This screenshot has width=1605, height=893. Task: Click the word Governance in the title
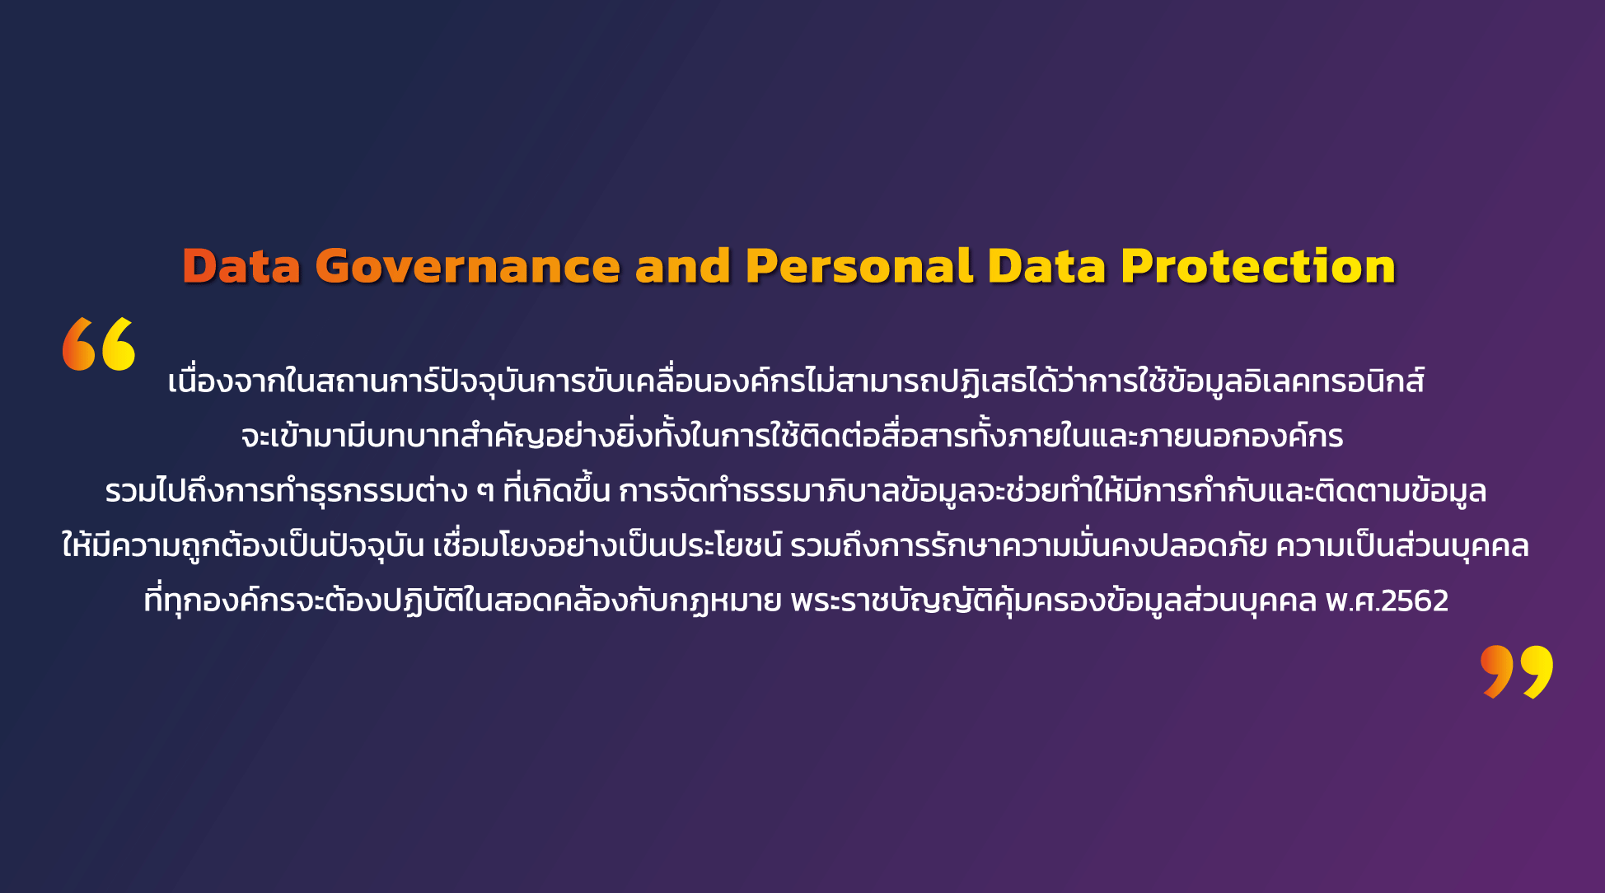coord(467,267)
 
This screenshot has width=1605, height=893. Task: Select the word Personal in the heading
coord(859,267)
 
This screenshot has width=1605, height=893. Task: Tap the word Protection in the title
coord(1258,267)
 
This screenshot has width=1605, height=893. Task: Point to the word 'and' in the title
coord(683,267)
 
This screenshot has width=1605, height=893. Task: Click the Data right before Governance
coord(241,267)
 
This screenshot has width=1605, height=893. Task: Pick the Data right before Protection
coord(1046,267)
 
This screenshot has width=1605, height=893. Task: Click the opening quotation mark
coord(99,344)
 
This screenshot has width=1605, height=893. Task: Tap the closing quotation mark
coord(1517,672)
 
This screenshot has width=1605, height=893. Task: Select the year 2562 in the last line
coord(1415,601)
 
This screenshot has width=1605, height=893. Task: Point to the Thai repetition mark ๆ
coord(485,492)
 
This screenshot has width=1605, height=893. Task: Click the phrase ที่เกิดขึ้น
coord(556,489)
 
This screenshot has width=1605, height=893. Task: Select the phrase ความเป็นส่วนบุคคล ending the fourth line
coord(1402,546)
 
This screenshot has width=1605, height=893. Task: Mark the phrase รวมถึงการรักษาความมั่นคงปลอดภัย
coord(1028,545)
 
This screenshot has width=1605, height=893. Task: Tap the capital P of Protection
coord(1138,267)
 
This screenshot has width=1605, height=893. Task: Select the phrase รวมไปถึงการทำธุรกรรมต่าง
coord(287,491)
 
